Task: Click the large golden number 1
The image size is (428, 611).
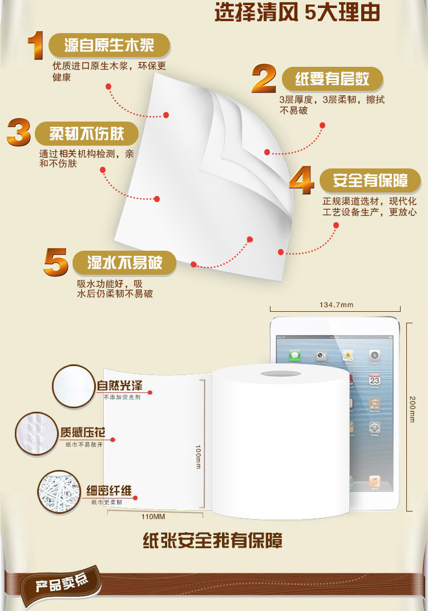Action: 35,46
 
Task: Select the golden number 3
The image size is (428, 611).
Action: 19,132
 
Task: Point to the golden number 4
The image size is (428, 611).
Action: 302,180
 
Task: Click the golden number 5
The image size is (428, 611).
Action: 56,262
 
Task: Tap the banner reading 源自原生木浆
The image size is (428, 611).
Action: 110,45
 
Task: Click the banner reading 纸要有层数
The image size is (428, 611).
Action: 333,79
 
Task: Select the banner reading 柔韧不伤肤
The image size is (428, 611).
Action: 87,134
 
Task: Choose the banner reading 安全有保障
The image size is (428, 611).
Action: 370,180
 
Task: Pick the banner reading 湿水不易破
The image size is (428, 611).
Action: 124,263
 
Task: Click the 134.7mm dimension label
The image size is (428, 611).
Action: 337,305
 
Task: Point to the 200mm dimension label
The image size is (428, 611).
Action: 412,409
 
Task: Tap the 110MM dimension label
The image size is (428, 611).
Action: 153,517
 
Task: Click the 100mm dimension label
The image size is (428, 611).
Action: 198,457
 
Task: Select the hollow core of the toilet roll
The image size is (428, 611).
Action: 280,373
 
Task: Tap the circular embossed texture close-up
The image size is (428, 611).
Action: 36,434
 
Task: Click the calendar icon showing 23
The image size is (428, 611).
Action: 375,380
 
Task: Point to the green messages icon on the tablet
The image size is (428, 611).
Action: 294,355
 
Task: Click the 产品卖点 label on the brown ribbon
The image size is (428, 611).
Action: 62,583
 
